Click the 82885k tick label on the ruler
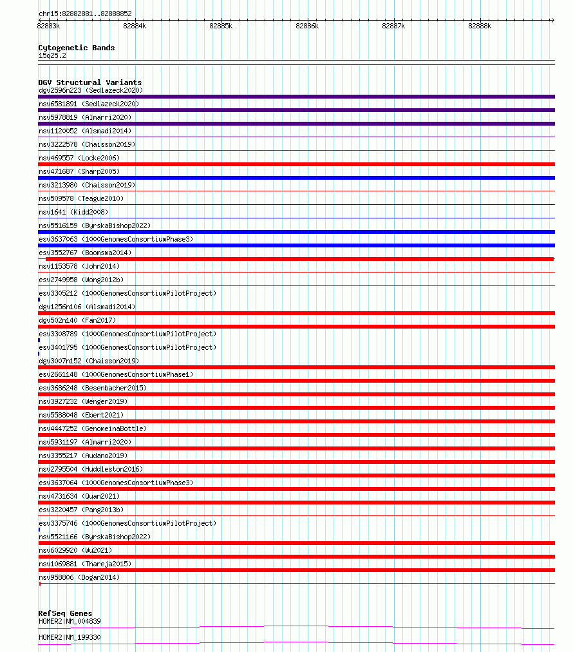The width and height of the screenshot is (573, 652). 221,26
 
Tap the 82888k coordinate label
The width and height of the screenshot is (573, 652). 480,26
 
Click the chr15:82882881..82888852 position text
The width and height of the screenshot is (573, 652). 85,14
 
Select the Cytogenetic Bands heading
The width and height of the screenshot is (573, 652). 77,48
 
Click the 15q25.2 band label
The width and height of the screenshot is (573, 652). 52,55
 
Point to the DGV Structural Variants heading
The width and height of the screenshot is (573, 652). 90,82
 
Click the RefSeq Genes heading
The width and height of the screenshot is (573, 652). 65,613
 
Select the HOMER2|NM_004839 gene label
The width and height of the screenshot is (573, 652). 70,621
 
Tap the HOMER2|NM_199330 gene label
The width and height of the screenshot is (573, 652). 70,637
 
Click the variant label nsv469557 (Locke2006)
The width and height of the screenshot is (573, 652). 79,158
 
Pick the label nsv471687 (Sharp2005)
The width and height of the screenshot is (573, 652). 79,171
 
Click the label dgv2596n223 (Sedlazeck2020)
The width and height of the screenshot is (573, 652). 91,90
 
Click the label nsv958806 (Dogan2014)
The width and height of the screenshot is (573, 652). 79,577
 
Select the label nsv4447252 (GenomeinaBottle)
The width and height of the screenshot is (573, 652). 93,428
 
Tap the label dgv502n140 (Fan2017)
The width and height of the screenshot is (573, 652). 77,320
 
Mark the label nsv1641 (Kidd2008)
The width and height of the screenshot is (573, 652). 73,212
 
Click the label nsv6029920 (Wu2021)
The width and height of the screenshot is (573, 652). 75,550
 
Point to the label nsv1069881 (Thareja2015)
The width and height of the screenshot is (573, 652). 85,564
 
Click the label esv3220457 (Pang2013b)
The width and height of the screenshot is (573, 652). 81,510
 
